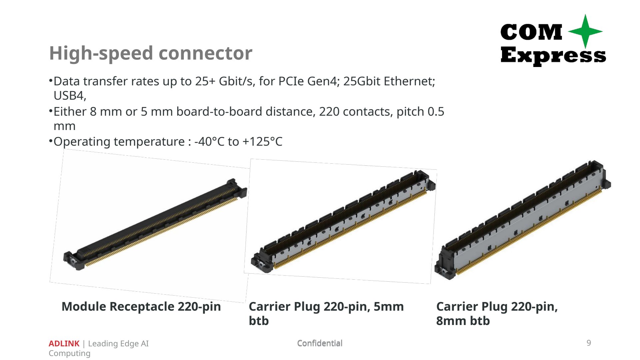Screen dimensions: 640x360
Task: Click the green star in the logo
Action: (585, 31)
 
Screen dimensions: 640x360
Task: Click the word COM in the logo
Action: (531, 32)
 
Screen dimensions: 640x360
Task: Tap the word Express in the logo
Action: (553, 55)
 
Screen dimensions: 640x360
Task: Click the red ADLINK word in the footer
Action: (64, 343)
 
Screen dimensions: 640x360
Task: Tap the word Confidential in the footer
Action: (320, 343)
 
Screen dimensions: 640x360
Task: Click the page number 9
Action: (589, 343)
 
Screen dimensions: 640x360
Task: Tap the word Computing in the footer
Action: (69, 354)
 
